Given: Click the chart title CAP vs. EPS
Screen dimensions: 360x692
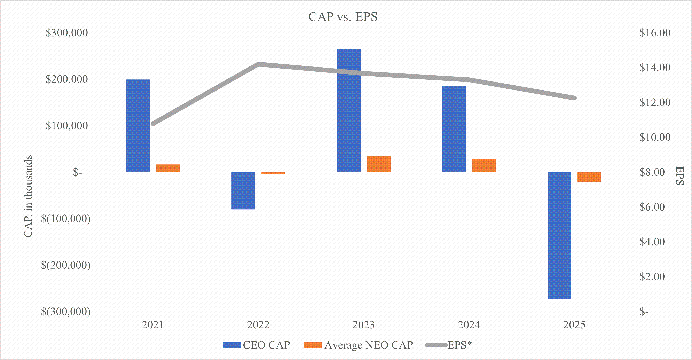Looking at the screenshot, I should click(343, 17).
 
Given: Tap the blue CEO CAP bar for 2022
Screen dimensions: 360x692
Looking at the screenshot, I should click(243, 190).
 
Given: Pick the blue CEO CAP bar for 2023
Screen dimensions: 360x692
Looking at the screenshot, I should click(348, 110).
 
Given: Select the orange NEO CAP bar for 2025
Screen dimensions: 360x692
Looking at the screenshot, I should click(589, 177).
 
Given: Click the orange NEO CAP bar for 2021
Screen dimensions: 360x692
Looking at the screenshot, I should click(168, 168).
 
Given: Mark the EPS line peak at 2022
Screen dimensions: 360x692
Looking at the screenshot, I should click(258, 64).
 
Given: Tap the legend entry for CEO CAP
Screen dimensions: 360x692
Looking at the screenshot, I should click(257, 345).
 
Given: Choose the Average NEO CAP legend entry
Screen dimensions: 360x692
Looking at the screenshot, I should click(359, 345).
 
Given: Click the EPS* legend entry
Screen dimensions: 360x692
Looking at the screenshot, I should click(449, 345).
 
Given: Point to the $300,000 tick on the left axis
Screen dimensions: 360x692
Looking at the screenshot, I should click(67, 33).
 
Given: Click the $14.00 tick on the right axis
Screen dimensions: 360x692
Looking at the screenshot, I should click(655, 68).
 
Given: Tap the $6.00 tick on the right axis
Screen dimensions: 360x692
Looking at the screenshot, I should click(652, 207).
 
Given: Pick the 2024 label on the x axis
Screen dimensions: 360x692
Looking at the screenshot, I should click(469, 325).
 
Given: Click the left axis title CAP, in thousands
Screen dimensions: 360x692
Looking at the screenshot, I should click(28, 196).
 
